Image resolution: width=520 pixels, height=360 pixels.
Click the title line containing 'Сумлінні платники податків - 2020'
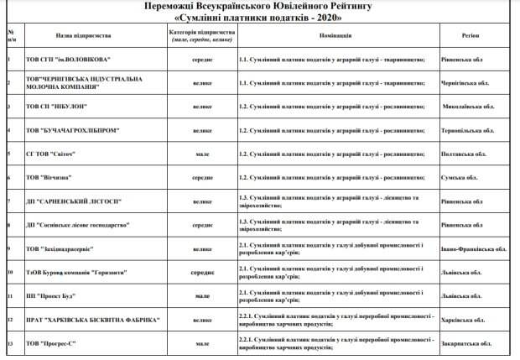pos(260,16)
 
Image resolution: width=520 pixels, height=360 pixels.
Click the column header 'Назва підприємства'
pos(83,37)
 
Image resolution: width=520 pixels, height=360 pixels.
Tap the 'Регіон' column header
pos(471,37)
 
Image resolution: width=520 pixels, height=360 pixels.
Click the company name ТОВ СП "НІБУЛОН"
pos(58,107)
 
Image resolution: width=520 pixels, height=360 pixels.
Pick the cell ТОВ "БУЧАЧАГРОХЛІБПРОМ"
pos(72,131)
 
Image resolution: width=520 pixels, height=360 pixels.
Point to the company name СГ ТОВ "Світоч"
pos(51,154)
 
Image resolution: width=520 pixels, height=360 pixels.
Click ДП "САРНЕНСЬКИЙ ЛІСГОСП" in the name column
pos(73,202)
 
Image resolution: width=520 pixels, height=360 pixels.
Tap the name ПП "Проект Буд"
pos(51,296)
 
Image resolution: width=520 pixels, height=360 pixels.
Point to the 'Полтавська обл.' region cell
pos(463,154)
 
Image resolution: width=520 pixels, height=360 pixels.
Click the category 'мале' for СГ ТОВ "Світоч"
pos(202,154)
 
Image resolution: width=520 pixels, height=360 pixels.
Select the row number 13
pos(9,344)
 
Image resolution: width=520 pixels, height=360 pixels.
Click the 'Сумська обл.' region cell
pos(459,178)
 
